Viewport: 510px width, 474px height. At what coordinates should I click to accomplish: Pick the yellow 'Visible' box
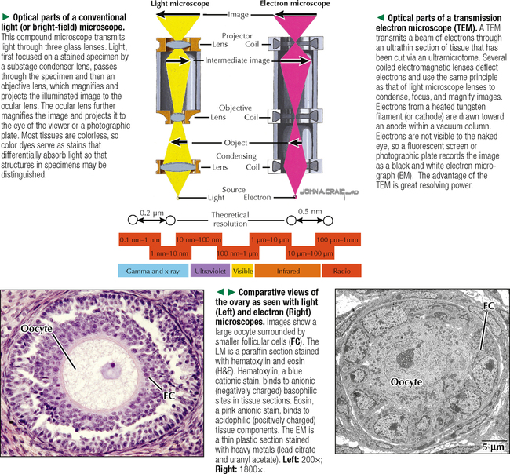pyautogui.click(x=242, y=272)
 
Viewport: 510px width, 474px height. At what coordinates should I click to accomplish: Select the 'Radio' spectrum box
pyautogui.click(x=341, y=272)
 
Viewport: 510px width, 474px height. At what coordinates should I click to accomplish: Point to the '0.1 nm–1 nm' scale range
pyautogui.click(x=140, y=238)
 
